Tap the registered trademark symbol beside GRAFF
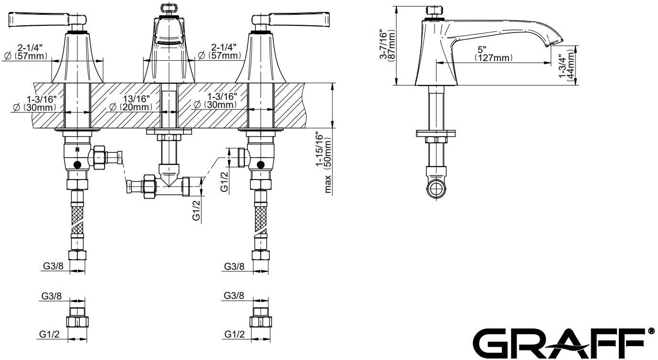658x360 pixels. click(650, 331)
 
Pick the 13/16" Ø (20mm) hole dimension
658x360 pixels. click(130, 103)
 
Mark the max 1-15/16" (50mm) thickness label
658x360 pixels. click(327, 162)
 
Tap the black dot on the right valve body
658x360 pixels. click(260, 165)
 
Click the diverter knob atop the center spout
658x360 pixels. click(169, 8)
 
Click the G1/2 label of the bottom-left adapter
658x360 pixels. click(50, 335)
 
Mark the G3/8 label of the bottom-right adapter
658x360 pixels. click(234, 296)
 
